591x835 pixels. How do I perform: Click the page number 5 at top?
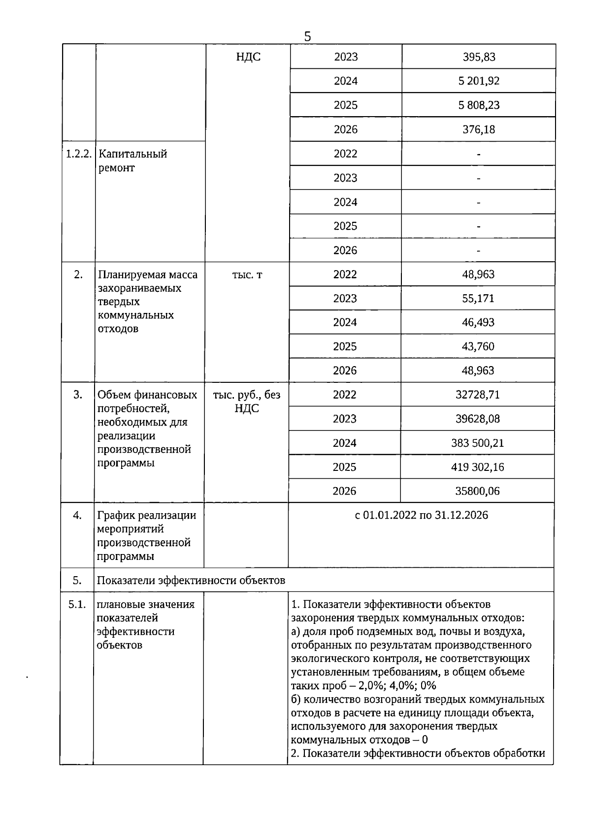tap(308, 37)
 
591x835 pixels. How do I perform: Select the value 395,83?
tap(479, 57)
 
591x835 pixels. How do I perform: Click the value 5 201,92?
tap(479, 81)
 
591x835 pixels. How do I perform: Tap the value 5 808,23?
tap(479, 105)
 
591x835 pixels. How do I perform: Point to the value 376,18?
tap(479, 129)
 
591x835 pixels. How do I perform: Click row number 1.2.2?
tap(79, 154)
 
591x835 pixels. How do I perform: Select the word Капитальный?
tap(133, 154)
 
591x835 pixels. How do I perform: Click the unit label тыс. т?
tap(247, 275)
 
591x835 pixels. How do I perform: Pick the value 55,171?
tap(478, 299)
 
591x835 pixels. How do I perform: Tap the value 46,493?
tap(478, 323)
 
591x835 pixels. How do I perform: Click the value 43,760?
tap(478, 347)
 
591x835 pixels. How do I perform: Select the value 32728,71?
tap(478, 395)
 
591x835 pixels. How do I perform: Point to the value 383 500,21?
tap(478, 443)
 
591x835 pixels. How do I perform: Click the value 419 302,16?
tap(478, 467)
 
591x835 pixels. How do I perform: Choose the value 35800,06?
tap(478, 491)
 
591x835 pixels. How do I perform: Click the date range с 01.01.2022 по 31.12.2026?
tap(422, 515)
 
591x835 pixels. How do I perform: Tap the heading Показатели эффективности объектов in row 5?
tap(191, 580)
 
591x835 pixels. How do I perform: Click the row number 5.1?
tap(77, 604)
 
